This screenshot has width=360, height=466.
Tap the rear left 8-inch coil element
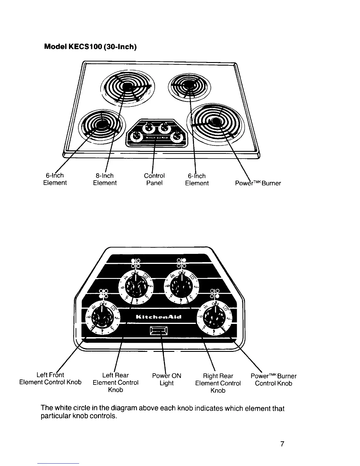[126, 86]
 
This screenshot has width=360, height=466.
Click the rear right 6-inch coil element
[189, 85]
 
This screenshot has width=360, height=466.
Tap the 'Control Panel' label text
[154, 179]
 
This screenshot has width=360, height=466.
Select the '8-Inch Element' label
[105, 179]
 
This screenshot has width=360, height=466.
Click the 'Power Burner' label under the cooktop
[258, 183]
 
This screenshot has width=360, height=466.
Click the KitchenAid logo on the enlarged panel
[159, 317]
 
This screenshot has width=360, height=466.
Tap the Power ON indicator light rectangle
[159, 331]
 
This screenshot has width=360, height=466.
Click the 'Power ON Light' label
[166, 379]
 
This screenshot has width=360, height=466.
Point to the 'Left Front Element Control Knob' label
[50, 379]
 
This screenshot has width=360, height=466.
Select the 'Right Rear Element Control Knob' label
[218, 383]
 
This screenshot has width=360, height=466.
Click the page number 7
[282, 444]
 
